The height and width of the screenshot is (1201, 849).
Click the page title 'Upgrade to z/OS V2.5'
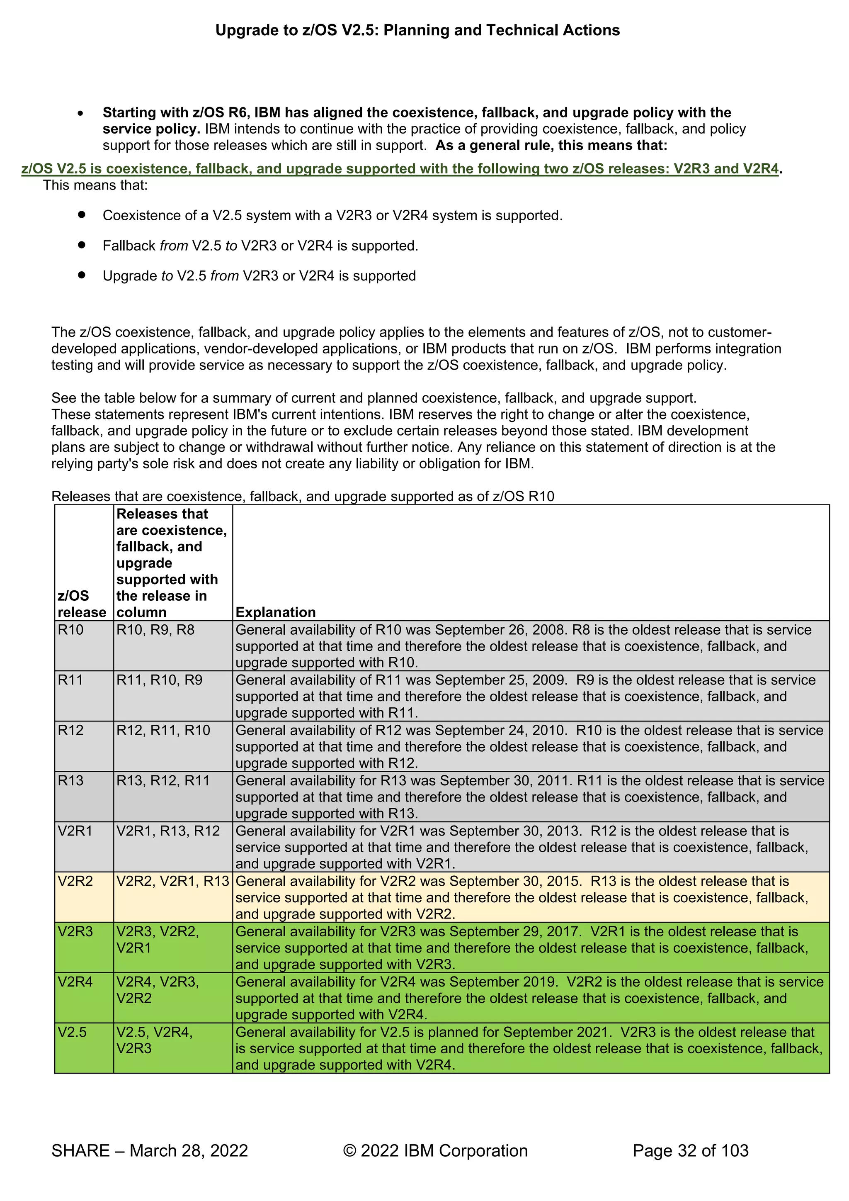(x=417, y=30)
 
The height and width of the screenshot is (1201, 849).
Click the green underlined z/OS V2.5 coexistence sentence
(x=400, y=168)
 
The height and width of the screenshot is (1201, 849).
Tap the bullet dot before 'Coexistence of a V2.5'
(x=82, y=214)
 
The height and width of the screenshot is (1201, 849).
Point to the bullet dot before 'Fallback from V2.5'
(x=82, y=245)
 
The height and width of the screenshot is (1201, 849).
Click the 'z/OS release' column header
(x=82, y=604)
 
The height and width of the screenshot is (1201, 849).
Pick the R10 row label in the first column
(x=70, y=630)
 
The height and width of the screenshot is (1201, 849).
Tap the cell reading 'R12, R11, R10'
(x=163, y=730)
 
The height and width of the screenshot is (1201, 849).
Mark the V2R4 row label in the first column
(x=75, y=982)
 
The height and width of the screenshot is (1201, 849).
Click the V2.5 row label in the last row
(x=72, y=1032)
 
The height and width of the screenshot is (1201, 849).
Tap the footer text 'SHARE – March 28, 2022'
(x=150, y=1150)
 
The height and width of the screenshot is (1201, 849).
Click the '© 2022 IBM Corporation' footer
(x=435, y=1150)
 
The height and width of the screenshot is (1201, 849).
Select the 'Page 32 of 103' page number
(x=690, y=1150)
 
